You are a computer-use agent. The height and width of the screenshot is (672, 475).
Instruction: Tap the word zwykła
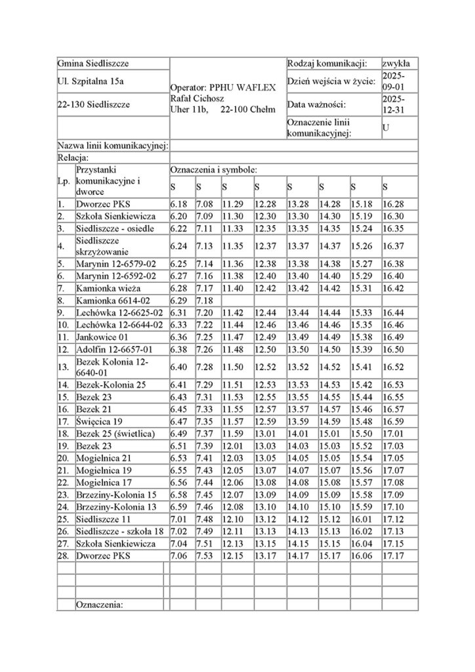(396, 64)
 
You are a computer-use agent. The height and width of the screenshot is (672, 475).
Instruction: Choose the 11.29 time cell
(232, 205)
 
